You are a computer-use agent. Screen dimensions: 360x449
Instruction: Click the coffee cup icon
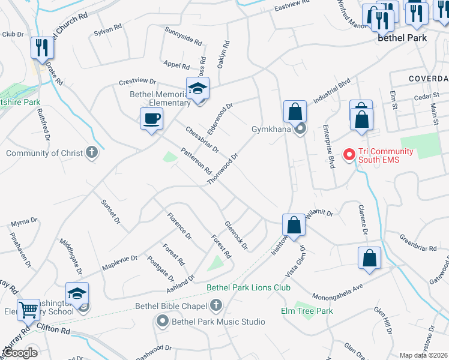151,118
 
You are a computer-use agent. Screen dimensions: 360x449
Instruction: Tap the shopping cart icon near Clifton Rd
28,310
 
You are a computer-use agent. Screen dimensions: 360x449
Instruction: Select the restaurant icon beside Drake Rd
41,47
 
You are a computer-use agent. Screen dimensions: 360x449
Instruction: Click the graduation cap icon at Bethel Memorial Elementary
197,88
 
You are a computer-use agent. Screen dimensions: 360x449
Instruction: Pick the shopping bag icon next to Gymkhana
295,111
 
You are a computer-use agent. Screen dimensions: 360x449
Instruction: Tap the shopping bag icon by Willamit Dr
294,225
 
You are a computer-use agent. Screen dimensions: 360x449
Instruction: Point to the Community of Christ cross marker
91,153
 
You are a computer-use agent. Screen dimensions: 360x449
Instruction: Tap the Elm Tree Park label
307,311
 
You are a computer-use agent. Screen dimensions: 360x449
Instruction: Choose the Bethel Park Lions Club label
249,288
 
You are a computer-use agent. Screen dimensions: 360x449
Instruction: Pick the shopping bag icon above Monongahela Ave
370,257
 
